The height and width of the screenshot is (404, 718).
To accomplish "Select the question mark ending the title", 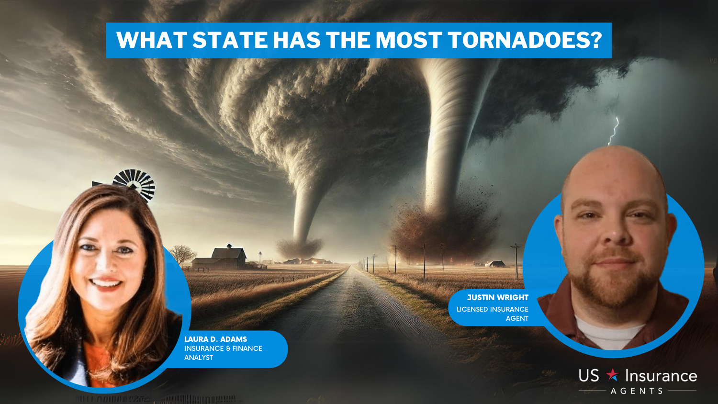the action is point(596,40).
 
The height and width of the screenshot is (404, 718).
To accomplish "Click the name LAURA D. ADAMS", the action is point(215,339).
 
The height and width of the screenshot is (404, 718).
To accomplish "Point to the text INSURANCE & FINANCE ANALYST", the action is point(223,353).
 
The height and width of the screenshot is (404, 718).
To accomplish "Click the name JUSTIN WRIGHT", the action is point(497,297).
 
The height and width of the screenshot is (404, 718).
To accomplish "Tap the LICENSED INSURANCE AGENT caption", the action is point(493,314).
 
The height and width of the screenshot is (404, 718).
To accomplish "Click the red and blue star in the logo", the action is point(612,374).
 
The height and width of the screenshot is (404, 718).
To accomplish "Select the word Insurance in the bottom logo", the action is point(661,376).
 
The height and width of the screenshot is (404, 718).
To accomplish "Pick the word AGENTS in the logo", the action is point(637,391).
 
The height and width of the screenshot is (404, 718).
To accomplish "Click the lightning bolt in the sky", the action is point(614,131).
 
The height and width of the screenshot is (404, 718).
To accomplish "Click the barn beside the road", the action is point(221,257).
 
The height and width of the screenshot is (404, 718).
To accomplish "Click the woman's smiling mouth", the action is point(105,283).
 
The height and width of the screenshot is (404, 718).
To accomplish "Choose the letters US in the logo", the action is point(588,376).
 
